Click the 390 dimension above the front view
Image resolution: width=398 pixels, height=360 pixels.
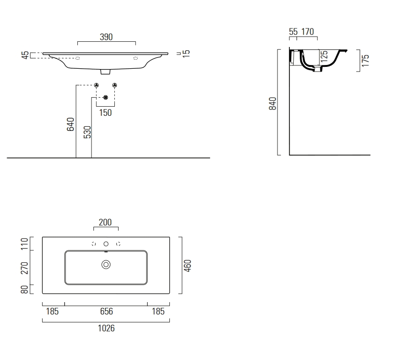(106, 37)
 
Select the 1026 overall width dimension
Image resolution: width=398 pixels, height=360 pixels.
(106, 328)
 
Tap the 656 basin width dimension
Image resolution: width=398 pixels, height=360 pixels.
(106, 312)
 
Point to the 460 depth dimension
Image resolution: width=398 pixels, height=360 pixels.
(187, 266)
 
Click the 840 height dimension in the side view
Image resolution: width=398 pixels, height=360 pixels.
(272, 103)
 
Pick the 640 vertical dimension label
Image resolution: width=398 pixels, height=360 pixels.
(71, 124)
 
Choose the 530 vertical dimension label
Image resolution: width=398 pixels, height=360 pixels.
(87, 131)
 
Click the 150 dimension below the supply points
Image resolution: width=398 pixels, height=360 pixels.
(106, 113)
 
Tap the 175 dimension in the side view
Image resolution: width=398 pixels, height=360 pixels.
(365, 61)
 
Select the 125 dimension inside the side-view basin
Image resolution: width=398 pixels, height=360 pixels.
(324, 56)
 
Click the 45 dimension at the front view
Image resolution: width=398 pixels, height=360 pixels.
(25, 55)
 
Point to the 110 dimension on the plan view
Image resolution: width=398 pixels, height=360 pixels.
(25, 244)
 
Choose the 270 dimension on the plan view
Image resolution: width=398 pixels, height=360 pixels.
(25, 268)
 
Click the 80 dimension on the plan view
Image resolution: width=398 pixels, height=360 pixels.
(25, 289)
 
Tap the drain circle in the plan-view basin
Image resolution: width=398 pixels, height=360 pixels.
(106, 265)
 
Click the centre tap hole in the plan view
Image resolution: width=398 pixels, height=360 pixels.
(106, 244)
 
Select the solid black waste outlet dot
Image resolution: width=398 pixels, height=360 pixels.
(106, 97)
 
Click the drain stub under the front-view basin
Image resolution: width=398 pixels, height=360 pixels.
(106, 73)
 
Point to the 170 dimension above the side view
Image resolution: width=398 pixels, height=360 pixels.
(308, 32)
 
